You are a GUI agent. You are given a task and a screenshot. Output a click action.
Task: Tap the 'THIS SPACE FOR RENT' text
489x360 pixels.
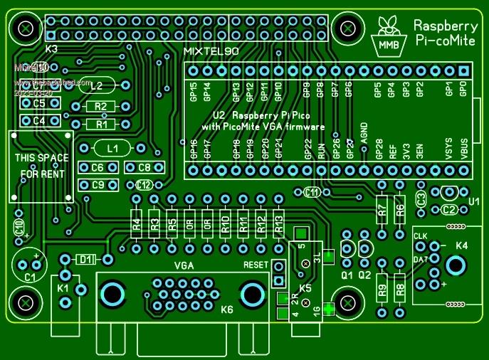pyautogui.click(x=42, y=166)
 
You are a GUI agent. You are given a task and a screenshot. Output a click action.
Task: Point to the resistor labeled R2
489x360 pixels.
pyautogui.click(x=100, y=107)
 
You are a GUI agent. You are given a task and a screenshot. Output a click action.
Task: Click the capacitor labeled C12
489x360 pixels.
pyautogui.click(x=144, y=185)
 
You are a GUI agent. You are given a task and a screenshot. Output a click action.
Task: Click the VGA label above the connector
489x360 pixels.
pyautogui.click(x=185, y=265)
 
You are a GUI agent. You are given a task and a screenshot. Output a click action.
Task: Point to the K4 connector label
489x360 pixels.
pyautogui.click(x=462, y=245)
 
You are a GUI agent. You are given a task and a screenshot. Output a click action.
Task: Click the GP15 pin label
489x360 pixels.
pyautogui.click(x=193, y=91)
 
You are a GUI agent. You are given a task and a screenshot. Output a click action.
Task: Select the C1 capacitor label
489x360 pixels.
pyautogui.click(x=31, y=277)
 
